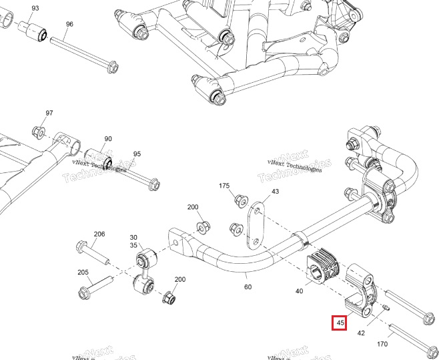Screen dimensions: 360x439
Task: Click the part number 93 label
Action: pos(35,8)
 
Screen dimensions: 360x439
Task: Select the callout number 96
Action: pos(69,24)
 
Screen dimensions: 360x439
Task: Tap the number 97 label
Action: pos(49,113)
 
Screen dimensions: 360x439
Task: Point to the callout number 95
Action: pos(137,154)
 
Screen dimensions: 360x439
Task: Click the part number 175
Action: pos(224,185)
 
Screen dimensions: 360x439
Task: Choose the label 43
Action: pos(275,192)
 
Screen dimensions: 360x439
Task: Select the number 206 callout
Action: pos(99,234)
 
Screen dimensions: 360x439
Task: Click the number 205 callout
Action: pos(83,273)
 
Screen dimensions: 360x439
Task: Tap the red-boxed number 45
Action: pos(340,323)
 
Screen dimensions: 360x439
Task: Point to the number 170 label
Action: pos(382,345)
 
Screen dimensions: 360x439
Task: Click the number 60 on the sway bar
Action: pos(248,287)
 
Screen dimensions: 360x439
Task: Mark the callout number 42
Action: pos(361,333)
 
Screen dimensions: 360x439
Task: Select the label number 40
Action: pos(299,291)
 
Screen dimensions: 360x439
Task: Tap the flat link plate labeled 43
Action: pos(255,227)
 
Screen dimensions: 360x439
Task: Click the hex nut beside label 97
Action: pos(39,130)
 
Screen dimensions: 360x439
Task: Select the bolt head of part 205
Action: pos(84,292)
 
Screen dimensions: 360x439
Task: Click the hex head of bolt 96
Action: pos(112,67)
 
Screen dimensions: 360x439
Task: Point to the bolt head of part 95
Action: pos(153,184)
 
